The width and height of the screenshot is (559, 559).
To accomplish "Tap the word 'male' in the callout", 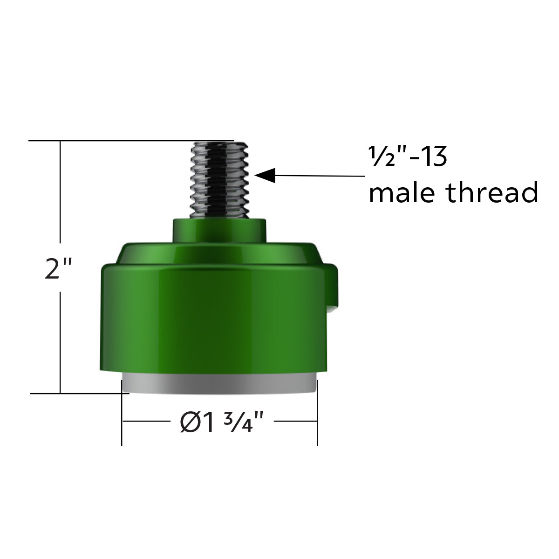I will [402, 193].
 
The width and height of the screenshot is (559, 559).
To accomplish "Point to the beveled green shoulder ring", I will [219, 254].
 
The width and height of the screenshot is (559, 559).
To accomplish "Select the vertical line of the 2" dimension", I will [60, 326].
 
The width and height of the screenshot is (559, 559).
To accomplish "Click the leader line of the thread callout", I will [321, 176].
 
